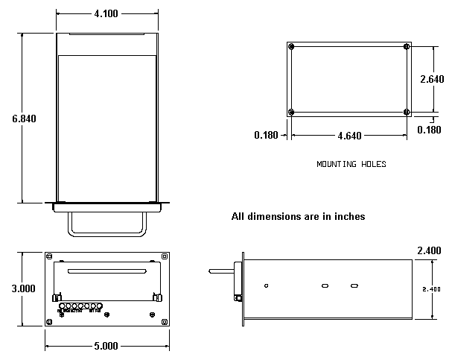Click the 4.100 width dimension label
pos(107,13)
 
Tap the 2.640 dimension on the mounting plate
pos(432,79)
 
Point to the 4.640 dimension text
pos(349,136)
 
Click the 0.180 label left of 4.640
pos(266,136)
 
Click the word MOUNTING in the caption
pos(335,164)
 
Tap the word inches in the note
pos(347,217)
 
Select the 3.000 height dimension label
pos(24,288)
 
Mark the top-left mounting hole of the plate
pos(292,47)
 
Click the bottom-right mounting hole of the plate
pos(406,112)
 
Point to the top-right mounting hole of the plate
pos(406,47)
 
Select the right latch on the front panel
pos(157,298)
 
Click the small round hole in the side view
pos(267,285)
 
